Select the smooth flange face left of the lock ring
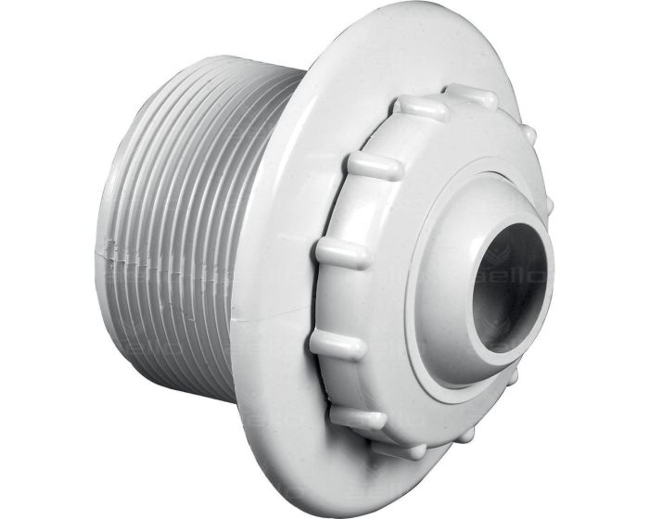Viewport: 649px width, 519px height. coord(306,185)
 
